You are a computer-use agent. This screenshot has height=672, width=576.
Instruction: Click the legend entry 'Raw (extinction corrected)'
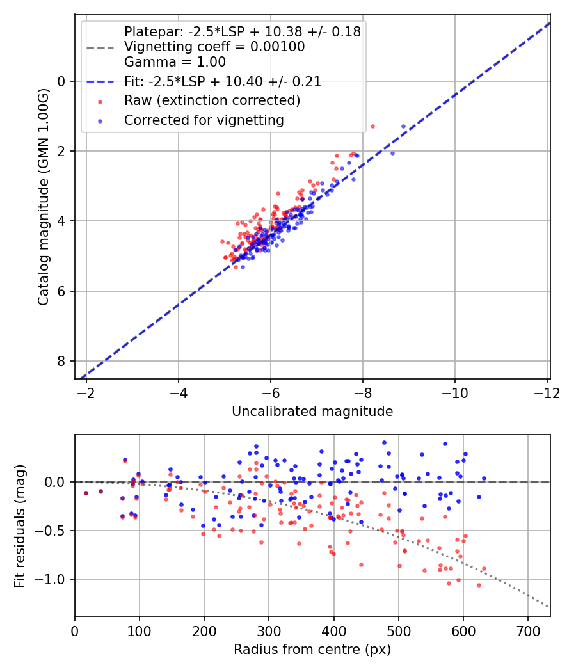pyautogui.click(x=212, y=100)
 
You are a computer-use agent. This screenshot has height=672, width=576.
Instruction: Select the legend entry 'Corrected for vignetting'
pyautogui.click(x=204, y=120)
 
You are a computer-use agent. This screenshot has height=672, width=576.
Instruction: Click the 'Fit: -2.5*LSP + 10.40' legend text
pyautogui.click(x=222, y=81)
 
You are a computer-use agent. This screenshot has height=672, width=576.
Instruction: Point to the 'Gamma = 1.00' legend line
pyautogui.click(x=175, y=62)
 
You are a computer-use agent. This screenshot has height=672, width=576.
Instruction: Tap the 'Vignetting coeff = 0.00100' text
pyautogui.click(x=214, y=47)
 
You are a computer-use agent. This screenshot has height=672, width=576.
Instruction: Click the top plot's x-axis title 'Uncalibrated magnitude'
pyautogui.click(x=312, y=412)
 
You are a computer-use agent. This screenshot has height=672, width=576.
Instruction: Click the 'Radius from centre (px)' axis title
pyautogui.click(x=312, y=650)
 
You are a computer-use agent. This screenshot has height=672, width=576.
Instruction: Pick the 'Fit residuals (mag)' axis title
pyautogui.click(x=20, y=526)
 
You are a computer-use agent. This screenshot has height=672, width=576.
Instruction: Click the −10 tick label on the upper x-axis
pyautogui.click(x=455, y=392)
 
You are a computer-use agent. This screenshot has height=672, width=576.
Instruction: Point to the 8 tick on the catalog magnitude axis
pyautogui.click(x=62, y=361)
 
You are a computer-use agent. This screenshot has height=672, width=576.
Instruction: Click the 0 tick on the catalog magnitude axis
pyautogui.click(x=62, y=81)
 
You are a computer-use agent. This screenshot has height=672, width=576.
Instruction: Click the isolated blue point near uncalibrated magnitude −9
pyautogui.click(x=403, y=127)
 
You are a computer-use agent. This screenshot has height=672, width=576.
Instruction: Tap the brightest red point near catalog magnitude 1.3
pyautogui.click(x=372, y=126)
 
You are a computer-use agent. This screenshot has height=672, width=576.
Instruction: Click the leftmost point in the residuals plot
pyautogui.click(x=86, y=493)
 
